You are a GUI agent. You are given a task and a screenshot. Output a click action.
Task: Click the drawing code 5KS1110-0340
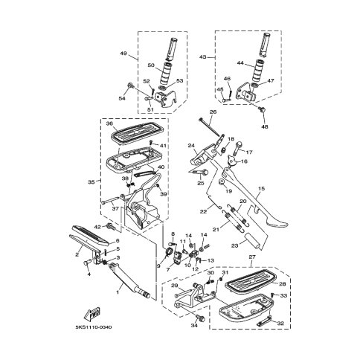click(94, 327)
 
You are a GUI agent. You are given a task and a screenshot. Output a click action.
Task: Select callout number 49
click(123, 53)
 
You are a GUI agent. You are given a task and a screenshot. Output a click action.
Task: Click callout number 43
click(202, 57)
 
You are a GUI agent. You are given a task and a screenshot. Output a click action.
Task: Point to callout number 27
click(252, 257)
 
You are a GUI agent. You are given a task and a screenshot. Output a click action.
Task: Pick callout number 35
click(91, 182)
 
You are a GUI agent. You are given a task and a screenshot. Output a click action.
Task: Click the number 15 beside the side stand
click(261, 188)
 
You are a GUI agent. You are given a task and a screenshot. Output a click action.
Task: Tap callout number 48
click(265, 126)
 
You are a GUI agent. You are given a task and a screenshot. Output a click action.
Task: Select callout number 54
click(122, 98)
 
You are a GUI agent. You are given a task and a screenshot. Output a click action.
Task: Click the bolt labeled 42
click(110, 226)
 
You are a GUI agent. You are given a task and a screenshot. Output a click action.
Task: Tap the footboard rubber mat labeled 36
click(137, 133)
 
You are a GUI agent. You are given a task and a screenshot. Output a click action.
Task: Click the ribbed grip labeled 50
click(165, 74)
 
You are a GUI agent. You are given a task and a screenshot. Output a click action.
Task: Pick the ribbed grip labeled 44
click(259, 71)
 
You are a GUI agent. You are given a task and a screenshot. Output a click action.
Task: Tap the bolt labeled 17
click(237, 148)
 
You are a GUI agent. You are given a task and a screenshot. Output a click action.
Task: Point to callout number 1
click(118, 292)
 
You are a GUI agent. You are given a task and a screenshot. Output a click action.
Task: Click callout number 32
click(280, 324)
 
